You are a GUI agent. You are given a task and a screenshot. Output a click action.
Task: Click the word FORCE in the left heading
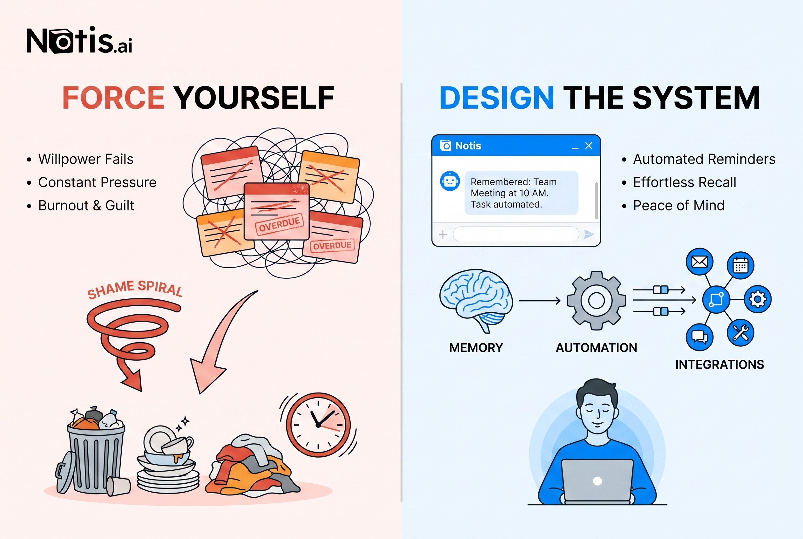click(x=113, y=98)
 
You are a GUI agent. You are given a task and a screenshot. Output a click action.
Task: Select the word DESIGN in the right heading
click(x=496, y=98)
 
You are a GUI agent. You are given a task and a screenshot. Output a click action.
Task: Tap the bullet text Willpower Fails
click(x=85, y=159)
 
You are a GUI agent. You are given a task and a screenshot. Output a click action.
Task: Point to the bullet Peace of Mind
click(x=678, y=206)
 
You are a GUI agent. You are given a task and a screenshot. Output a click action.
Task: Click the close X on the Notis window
click(x=589, y=146)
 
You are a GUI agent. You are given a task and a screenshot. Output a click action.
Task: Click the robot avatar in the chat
click(x=450, y=181)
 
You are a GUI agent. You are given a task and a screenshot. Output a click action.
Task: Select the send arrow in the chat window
click(x=589, y=234)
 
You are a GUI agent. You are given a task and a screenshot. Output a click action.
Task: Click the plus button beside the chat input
click(x=443, y=234)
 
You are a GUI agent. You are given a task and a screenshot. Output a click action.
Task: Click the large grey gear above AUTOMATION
click(x=597, y=300)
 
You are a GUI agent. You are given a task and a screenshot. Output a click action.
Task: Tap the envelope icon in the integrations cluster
click(x=699, y=262)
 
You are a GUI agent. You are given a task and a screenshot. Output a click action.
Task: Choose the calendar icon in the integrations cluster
click(x=740, y=265)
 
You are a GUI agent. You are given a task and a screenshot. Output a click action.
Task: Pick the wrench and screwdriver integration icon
click(x=740, y=333)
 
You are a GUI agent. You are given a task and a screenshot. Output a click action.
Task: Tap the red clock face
click(x=318, y=425)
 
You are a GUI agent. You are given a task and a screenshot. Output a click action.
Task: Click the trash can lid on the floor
click(x=65, y=472)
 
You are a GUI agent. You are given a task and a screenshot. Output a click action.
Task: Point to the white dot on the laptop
click(x=597, y=481)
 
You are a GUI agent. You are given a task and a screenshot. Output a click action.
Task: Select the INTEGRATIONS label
click(x=719, y=365)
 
